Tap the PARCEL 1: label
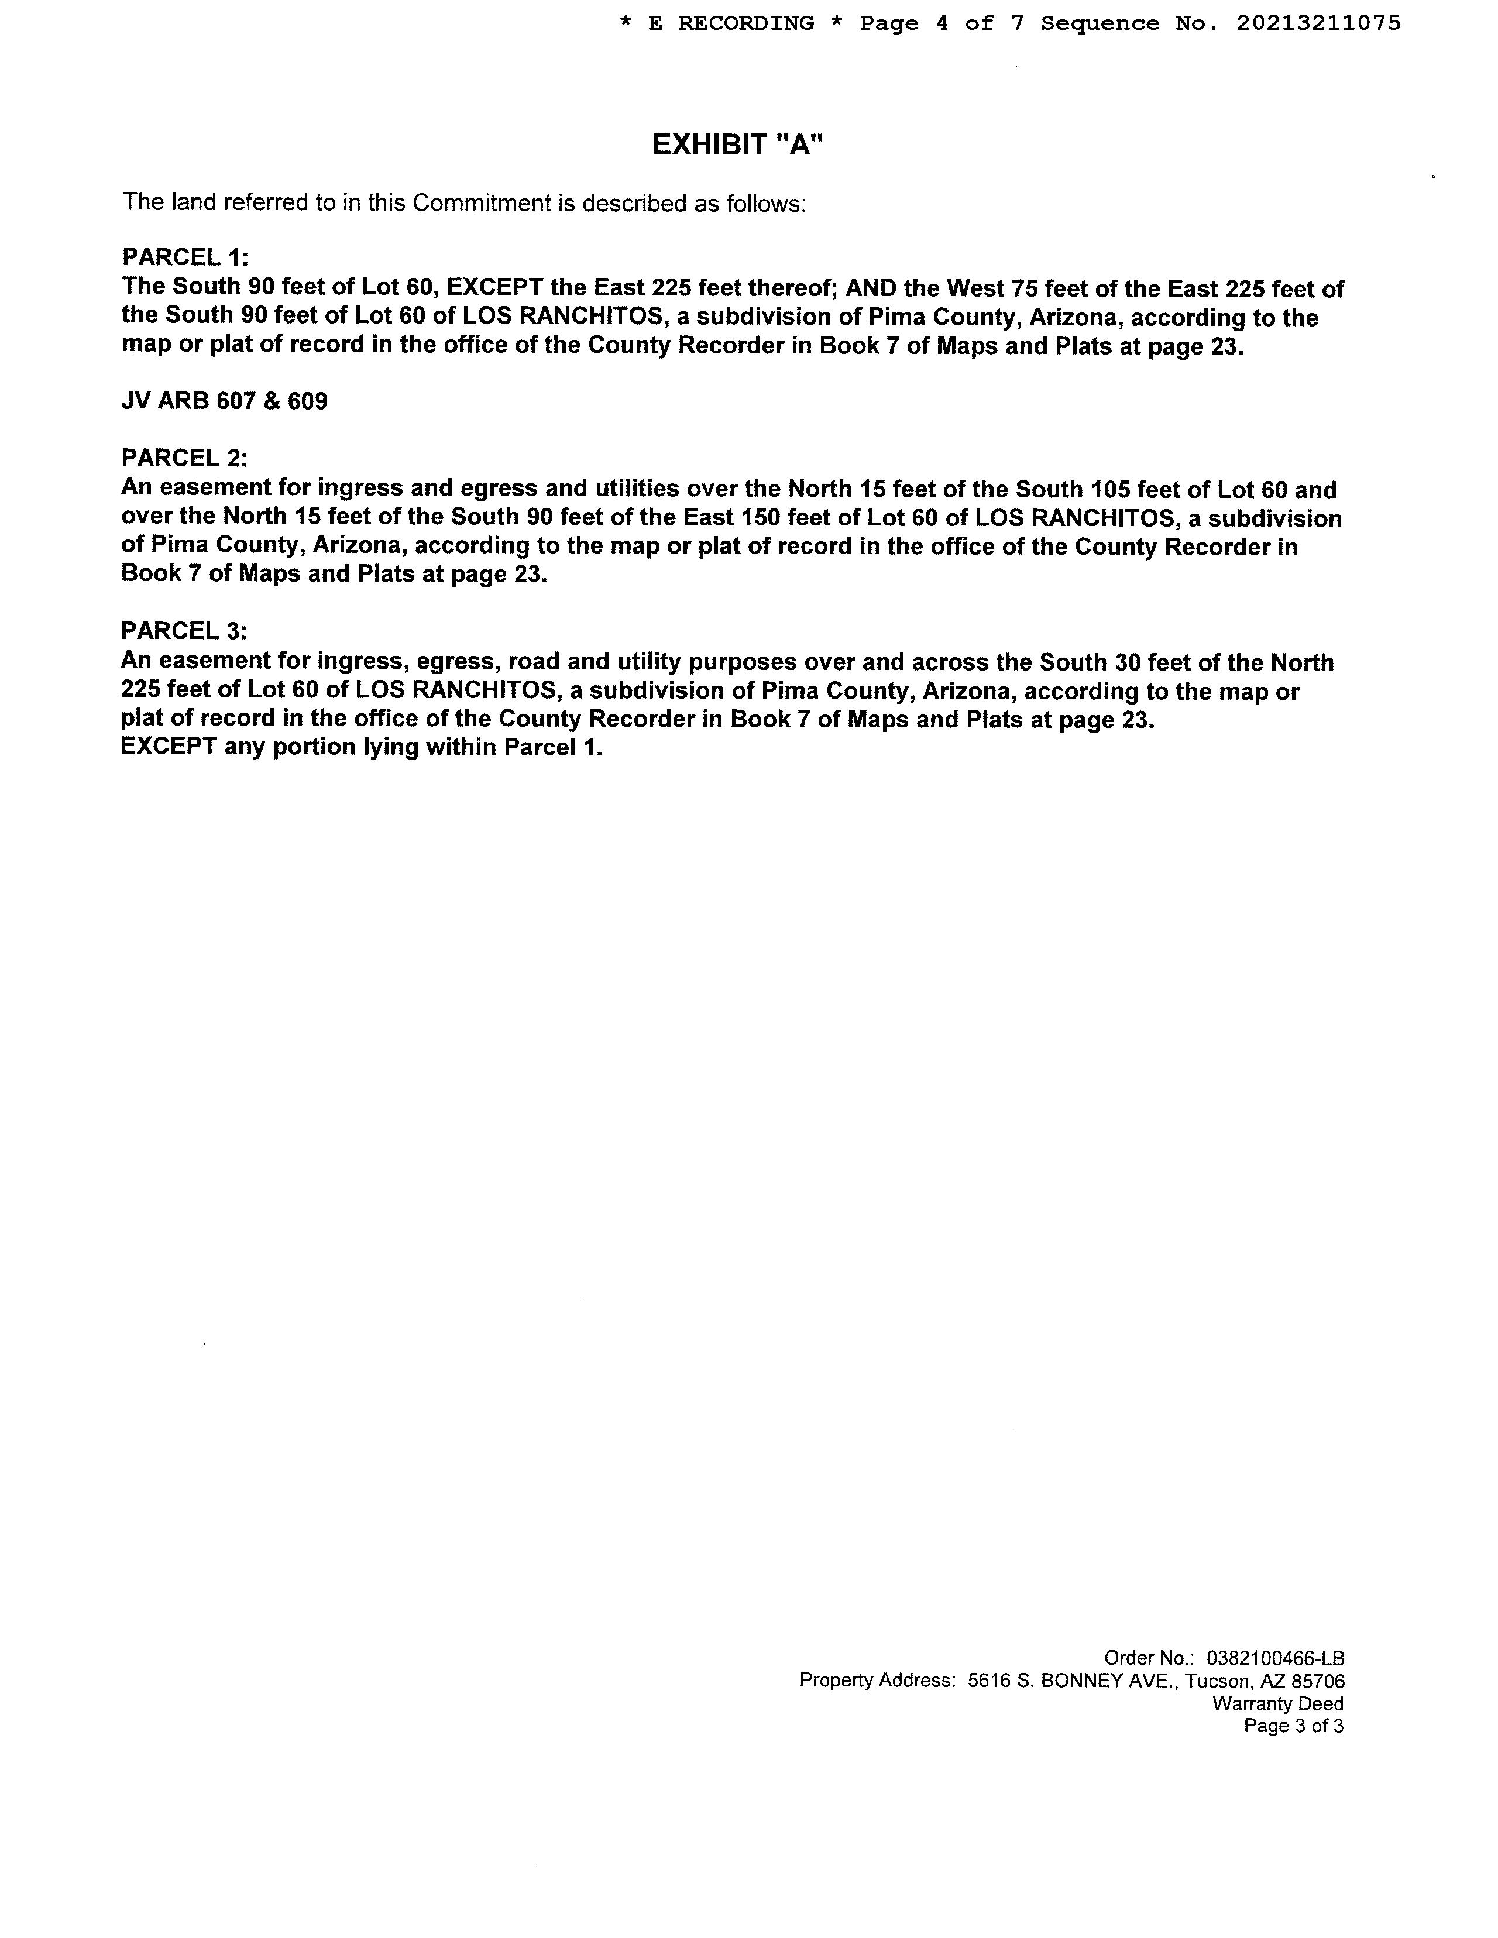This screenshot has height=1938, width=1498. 184,257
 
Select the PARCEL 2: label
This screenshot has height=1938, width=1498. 184,458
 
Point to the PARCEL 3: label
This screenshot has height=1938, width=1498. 184,631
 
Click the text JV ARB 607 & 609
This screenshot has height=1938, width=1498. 225,402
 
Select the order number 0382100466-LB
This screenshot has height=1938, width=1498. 1276,1658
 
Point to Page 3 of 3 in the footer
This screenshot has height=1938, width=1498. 1293,1726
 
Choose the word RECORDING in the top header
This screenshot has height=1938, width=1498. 745,23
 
